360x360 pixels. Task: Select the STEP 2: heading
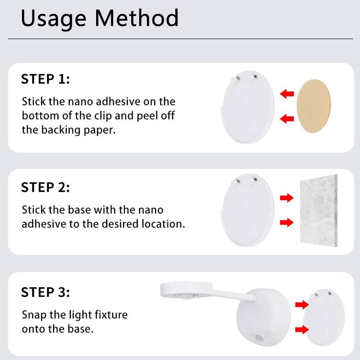45,187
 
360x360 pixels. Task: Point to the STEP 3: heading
45,292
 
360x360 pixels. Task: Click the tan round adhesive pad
314,106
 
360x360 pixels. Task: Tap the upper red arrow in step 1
287,94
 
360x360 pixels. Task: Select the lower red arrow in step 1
287,118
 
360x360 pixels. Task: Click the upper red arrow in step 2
287,198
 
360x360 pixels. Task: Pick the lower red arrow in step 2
287,222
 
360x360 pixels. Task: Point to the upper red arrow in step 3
302,305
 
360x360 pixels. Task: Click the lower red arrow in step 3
302,330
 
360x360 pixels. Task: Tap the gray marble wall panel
319,211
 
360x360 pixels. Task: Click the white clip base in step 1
248,107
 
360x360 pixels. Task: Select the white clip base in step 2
248,210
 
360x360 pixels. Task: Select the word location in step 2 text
163,224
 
